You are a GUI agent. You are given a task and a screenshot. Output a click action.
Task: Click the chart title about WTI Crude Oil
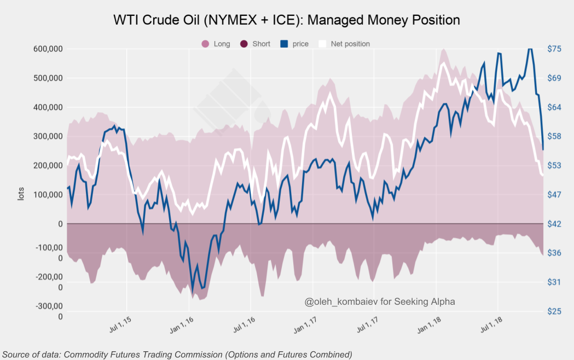pyautogui.click(x=286, y=20)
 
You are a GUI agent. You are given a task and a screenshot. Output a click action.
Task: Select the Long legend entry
pyautogui.click(x=216, y=44)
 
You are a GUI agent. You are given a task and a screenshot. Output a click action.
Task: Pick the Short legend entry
pyautogui.click(x=255, y=44)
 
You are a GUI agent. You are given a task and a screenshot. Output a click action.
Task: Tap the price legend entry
pyautogui.click(x=295, y=44)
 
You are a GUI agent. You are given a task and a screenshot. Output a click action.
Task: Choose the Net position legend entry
pyautogui.click(x=344, y=44)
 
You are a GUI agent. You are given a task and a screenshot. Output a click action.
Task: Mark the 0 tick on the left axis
pyautogui.click(x=60, y=224)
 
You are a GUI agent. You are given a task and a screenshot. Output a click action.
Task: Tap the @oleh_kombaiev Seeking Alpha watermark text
pyautogui.click(x=380, y=301)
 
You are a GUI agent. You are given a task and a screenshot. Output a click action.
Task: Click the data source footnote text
pyautogui.click(x=177, y=354)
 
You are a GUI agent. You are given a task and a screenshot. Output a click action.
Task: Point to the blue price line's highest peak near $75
pyautogui.click(x=529, y=49)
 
